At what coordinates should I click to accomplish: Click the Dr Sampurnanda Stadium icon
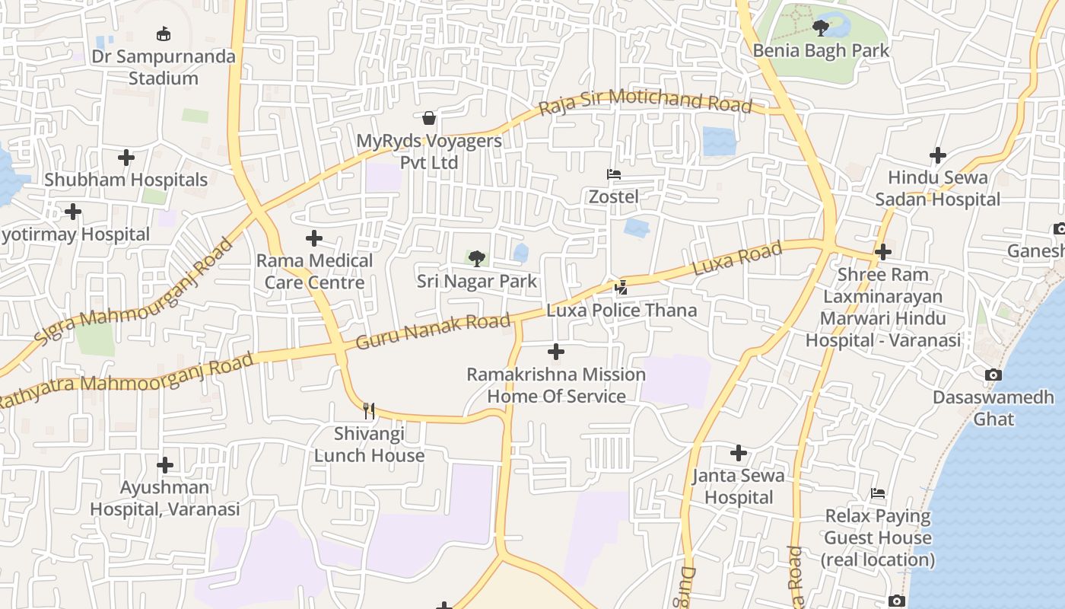click(x=164, y=33)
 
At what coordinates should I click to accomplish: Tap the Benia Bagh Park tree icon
click(x=820, y=28)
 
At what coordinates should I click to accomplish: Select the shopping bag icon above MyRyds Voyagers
click(x=429, y=118)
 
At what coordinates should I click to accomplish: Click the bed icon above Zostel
click(x=614, y=174)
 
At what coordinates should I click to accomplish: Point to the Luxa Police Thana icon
click(x=622, y=288)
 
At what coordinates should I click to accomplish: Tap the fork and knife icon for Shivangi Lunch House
click(x=369, y=411)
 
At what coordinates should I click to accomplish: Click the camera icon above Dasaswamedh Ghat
click(x=993, y=375)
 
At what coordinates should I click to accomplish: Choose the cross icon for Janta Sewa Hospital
click(x=738, y=453)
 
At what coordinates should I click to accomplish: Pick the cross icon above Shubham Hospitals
click(x=126, y=158)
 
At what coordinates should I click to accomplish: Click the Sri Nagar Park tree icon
click(x=477, y=259)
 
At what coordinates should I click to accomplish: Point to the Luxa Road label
click(x=737, y=259)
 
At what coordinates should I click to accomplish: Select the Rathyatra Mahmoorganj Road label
click(x=127, y=378)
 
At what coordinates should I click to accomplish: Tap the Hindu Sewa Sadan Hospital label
click(x=937, y=189)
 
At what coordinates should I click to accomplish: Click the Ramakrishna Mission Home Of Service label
click(x=556, y=385)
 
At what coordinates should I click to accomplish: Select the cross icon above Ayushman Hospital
click(x=165, y=464)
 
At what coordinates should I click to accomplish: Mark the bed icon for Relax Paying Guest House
click(x=878, y=493)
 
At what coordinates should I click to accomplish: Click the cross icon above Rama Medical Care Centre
click(x=314, y=239)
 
